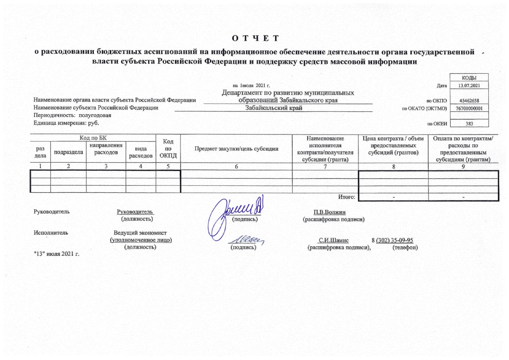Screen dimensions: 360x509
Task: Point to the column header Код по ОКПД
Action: (x=168, y=149)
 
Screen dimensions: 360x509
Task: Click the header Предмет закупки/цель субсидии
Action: (x=236, y=149)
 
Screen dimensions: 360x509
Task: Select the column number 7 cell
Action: (x=325, y=167)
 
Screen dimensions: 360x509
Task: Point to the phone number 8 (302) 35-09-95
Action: (x=392, y=240)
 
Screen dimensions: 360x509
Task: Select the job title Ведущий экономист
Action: (x=140, y=233)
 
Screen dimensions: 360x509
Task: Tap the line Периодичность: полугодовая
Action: (x=72, y=115)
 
